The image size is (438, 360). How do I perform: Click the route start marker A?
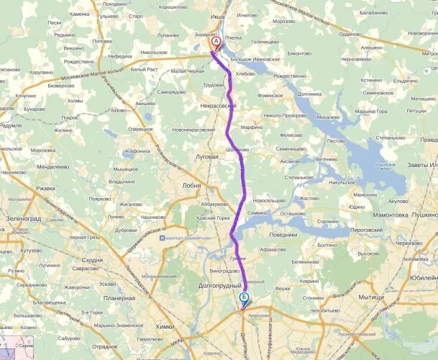[215, 42]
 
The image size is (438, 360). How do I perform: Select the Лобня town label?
[191, 184]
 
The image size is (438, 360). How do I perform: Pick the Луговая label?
[206, 156]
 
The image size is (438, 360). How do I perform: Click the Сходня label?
[92, 260]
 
